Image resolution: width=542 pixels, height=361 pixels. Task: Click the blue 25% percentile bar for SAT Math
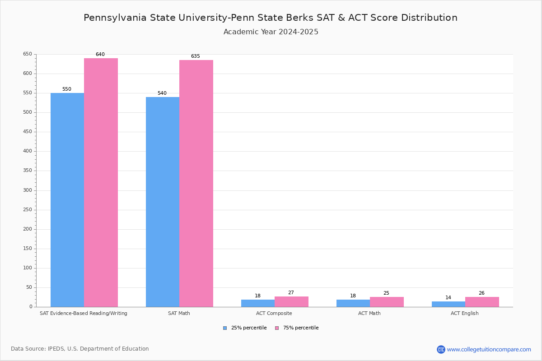[x=163, y=202]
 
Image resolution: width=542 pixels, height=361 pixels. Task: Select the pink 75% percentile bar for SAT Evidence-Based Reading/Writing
[x=101, y=182]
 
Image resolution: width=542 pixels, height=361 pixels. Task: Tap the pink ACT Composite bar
[x=291, y=301]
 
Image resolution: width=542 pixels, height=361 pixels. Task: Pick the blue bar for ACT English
[x=449, y=304]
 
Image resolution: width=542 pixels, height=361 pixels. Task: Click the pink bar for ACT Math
[x=387, y=302]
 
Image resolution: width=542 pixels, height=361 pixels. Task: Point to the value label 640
[x=100, y=55]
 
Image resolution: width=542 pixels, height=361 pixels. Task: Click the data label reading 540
[x=162, y=93]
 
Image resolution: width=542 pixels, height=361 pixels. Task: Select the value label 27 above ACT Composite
[x=291, y=293]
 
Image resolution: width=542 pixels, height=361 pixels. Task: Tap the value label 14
[x=448, y=298]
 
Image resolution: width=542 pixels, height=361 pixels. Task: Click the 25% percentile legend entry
[x=245, y=328]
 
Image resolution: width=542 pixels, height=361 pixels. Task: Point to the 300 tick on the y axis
[x=28, y=190]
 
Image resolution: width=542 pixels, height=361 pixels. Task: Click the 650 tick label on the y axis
[x=28, y=54]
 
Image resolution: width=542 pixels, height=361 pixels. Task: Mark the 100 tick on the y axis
[x=28, y=268]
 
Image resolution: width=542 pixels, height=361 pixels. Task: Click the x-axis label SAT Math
[x=179, y=313]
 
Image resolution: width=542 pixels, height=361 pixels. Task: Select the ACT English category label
[x=464, y=313]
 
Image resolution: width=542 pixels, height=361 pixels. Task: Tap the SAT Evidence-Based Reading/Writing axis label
[x=84, y=313]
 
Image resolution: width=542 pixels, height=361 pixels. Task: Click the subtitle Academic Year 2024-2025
[x=271, y=32]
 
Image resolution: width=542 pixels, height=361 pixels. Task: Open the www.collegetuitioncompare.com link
[x=489, y=349]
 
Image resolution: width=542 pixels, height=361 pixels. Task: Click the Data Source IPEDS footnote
[x=80, y=349]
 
